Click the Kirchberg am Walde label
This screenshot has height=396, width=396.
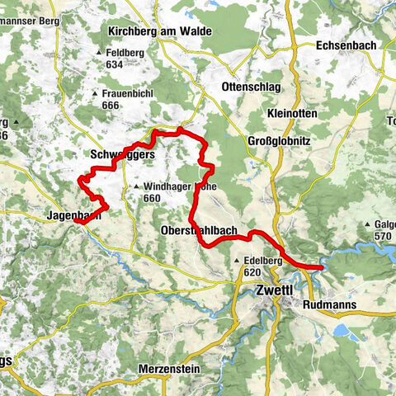click(160, 31)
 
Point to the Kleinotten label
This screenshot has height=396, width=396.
click(292, 113)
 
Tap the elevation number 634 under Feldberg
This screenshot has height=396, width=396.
click(115, 64)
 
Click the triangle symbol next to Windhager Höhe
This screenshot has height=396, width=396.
click(136, 186)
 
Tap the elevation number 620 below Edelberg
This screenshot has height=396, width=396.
click(252, 272)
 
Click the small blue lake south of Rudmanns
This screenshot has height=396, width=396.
click(342, 331)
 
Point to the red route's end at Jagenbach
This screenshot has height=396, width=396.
click(75, 221)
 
